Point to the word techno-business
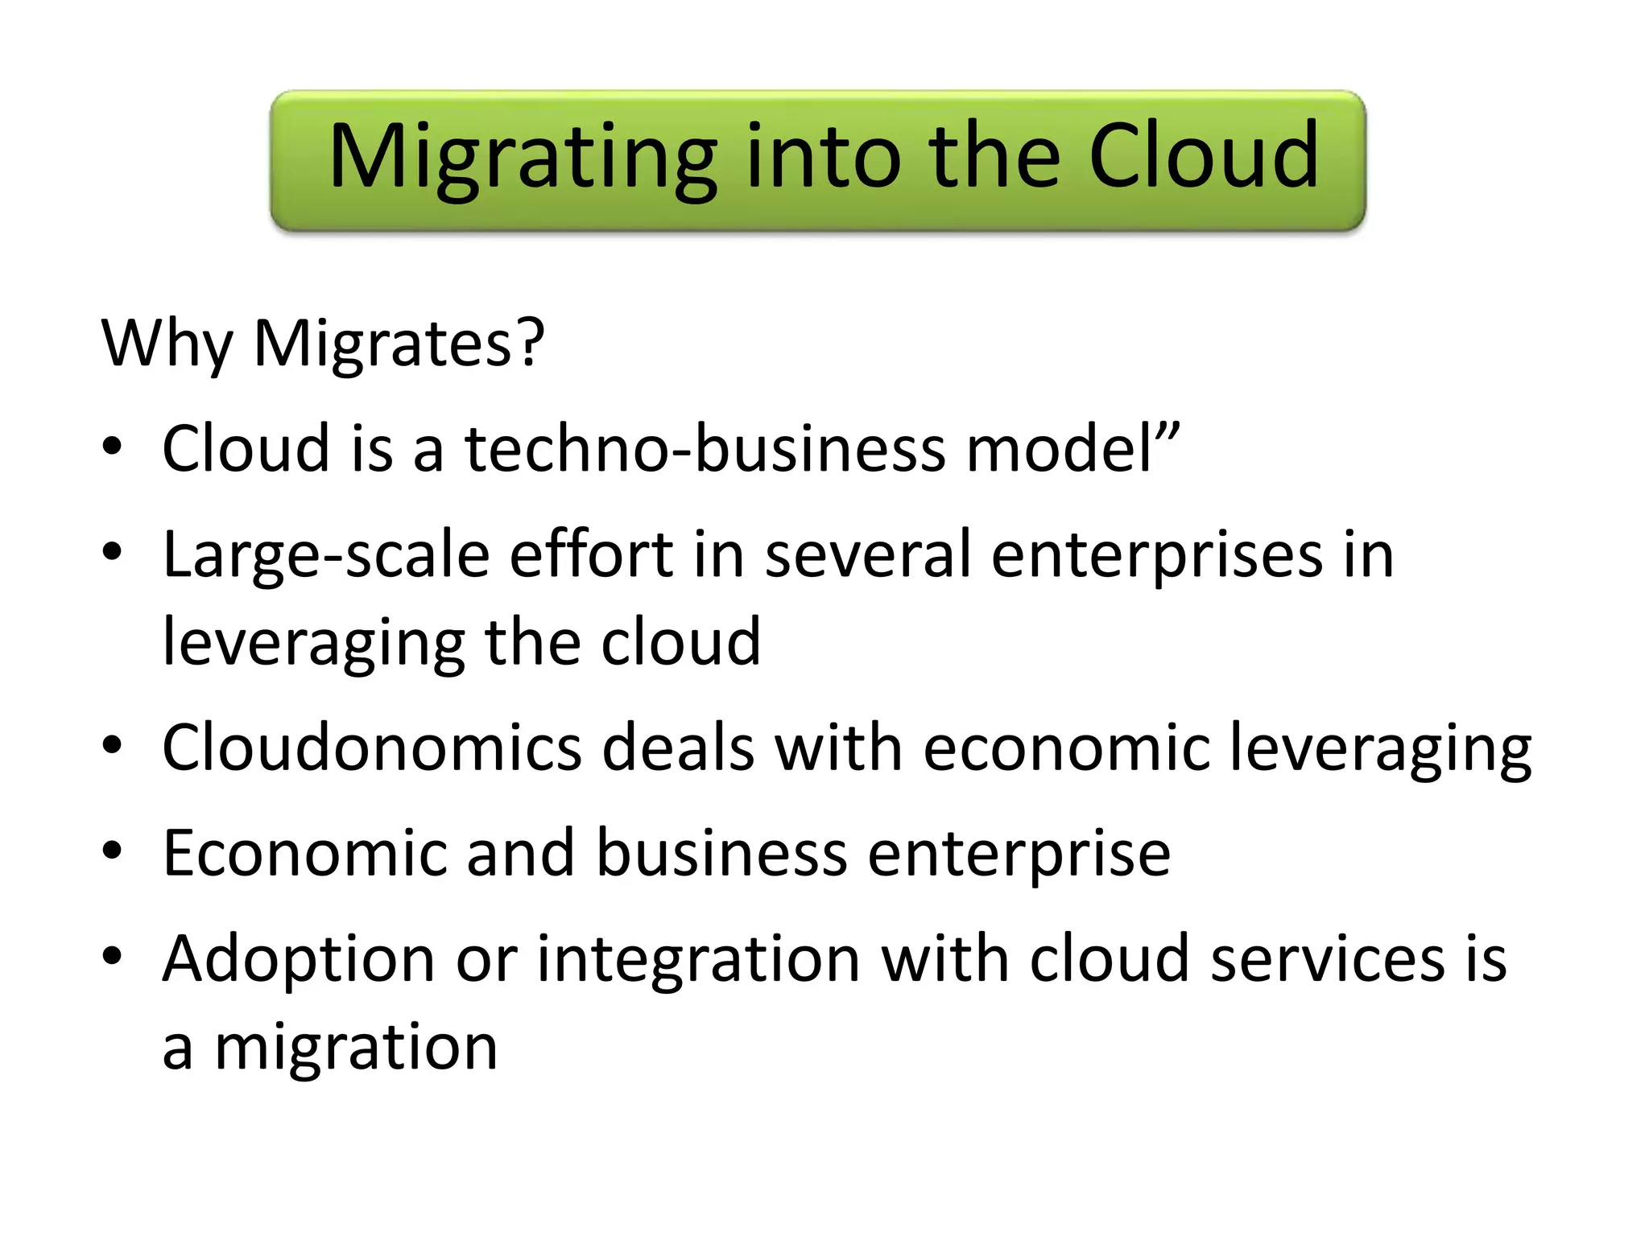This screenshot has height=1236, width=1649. click(705, 448)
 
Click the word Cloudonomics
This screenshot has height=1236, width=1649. click(372, 748)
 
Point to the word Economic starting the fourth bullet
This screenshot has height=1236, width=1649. click(304, 852)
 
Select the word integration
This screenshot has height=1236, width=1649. click(699, 960)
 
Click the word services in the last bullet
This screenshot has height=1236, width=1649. click(1328, 958)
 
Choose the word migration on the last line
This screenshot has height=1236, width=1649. click(356, 1048)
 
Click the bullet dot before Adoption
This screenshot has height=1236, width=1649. click(112, 955)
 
